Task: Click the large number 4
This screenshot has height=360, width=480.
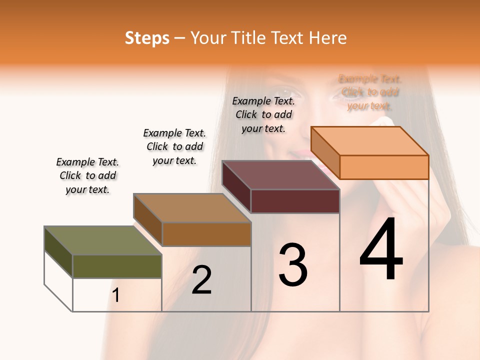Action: (x=381, y=250)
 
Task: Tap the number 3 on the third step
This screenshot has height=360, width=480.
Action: (x=293, y=265)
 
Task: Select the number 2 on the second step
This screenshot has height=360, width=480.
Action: (x=201, y=280)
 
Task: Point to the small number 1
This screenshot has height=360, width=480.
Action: (x=116, y=295)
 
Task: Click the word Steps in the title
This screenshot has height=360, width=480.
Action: (x=147, y=38)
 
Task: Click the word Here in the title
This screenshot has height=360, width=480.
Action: (x=328, y=38)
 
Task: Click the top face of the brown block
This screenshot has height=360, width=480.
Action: (x=192, y=208)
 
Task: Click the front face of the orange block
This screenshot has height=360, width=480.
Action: (x=384, y=167)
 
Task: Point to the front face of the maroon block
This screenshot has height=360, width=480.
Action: (x=295, y=201)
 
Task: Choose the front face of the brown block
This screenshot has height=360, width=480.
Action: (x=206, y=234)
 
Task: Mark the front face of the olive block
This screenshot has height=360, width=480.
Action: (x=117, y=266)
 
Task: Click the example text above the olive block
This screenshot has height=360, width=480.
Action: (x=87, y=175)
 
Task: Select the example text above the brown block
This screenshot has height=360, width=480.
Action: (x=174, y=146)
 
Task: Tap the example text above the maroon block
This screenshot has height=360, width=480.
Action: (x=263, y=114)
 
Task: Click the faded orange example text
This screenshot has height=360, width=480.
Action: (x=370, y=92)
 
